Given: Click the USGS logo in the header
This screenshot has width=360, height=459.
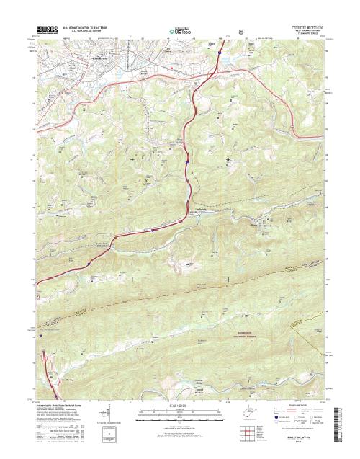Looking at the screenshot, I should pyautogui.click(x=45, y=30).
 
